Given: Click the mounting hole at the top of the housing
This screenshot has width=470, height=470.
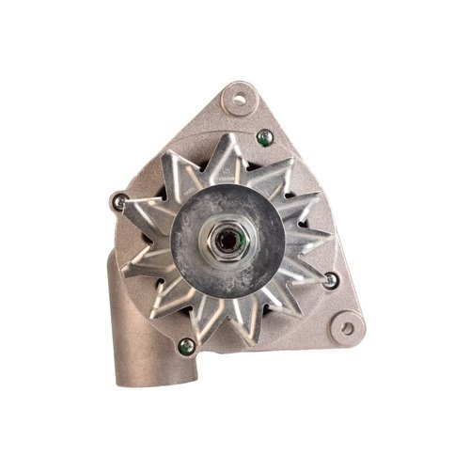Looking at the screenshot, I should tap(239, 98).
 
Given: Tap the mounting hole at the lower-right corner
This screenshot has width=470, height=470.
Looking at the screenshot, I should tap(347, 328).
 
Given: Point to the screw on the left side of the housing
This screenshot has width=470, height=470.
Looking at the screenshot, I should tap(119, 201).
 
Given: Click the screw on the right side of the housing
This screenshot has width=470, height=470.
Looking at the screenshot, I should tap(330, 279).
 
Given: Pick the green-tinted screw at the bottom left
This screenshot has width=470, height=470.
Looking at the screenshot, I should tap(186, 346).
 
